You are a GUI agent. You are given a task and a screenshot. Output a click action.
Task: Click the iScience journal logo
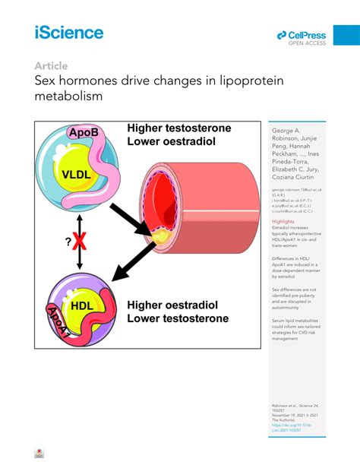(68, 32)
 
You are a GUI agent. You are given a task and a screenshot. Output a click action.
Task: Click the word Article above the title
(51, 65)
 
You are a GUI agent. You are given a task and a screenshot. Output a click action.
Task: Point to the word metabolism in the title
(68, 96)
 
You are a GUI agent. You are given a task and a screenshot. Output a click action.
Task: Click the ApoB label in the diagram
(84, 134)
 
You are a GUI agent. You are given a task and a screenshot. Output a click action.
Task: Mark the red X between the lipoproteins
(78, 242)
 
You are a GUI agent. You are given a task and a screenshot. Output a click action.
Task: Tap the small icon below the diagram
(39, 454)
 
